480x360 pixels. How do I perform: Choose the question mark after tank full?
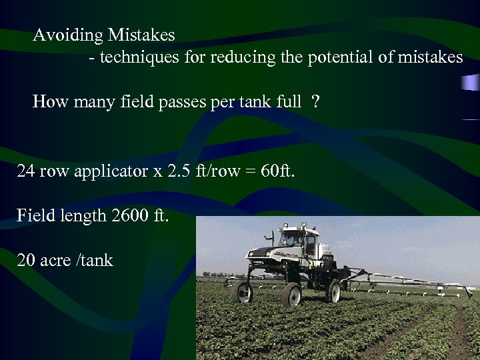click(x=315, y=101)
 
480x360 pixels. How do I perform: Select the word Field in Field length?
click(x=34, y=215)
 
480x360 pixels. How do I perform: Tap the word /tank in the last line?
click(x=95, y=259)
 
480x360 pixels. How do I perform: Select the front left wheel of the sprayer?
click(x=243, y=291)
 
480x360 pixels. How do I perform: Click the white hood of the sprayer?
click(x=263, y=254)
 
